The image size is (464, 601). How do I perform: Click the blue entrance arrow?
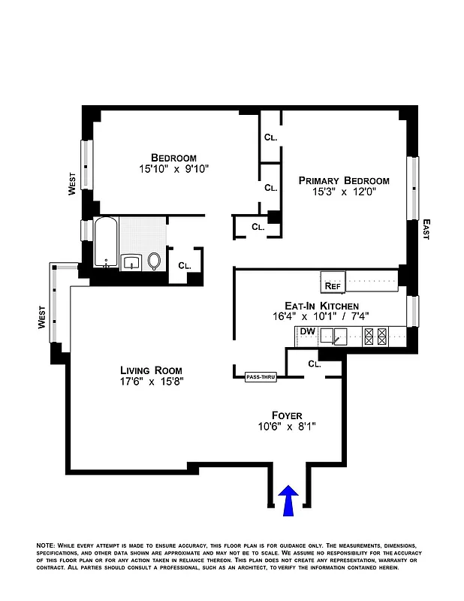288,499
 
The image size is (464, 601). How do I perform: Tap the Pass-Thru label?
261,377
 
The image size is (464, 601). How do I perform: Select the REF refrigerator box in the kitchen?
333,285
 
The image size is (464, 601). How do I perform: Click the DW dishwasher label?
307,331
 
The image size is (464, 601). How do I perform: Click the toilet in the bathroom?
155,261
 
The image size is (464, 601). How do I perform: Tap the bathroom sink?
131,262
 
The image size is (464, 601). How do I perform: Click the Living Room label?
151,370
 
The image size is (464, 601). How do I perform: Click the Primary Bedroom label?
344,180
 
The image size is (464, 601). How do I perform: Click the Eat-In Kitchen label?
321,306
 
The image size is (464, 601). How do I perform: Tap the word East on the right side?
426,228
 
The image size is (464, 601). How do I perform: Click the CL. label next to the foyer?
315,364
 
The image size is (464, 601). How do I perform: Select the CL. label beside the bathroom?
185,265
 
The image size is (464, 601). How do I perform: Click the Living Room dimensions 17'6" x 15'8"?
151,382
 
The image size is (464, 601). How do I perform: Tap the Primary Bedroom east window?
412,188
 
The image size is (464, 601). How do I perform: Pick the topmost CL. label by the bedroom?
270,137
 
